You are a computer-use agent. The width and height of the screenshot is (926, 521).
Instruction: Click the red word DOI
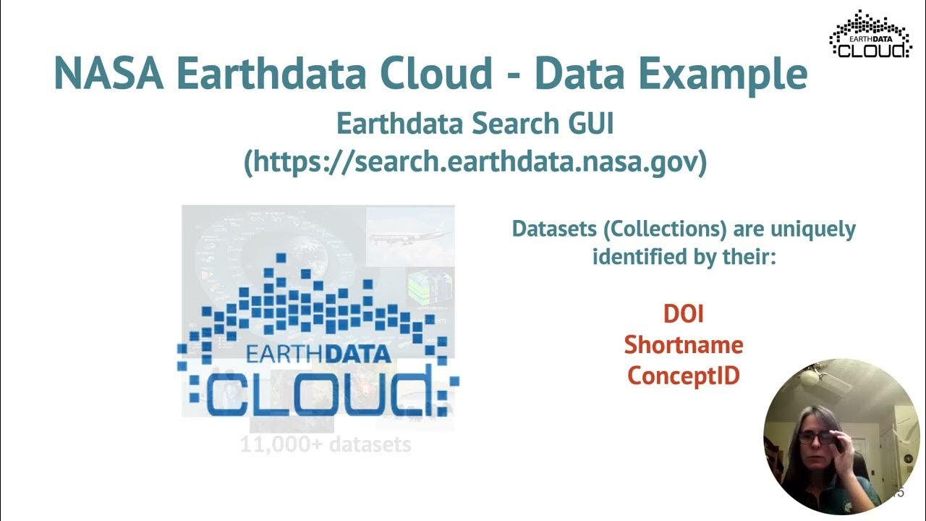point(683,313)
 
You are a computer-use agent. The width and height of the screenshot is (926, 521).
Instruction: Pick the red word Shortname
point(683,344)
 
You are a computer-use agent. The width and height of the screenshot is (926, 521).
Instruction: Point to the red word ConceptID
point(683,376)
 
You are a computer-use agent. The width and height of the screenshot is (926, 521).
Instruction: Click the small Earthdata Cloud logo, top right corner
point(870,34)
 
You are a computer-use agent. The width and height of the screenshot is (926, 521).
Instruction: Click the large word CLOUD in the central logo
point(318,393)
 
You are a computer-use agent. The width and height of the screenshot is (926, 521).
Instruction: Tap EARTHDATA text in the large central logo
point(318,355)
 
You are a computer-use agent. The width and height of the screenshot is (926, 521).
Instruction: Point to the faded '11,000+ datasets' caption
point(326,444)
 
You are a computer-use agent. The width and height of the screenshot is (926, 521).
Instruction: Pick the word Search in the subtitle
point(500,124)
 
